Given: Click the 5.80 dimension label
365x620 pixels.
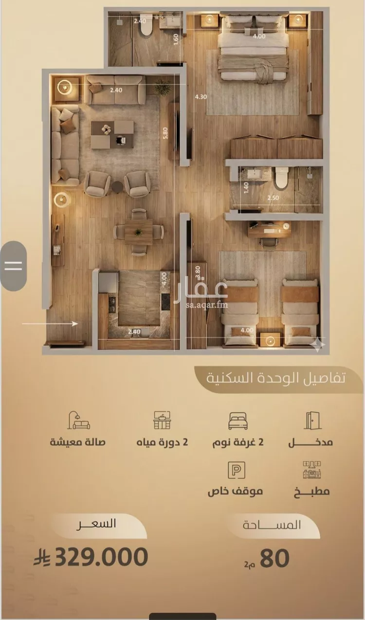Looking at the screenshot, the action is tap(165, 133).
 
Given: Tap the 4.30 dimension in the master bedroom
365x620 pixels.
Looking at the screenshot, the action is tap(201, 97).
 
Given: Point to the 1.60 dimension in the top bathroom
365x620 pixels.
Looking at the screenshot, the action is tap(176, 39).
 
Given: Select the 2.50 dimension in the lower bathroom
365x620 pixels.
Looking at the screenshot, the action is tap(273, 198).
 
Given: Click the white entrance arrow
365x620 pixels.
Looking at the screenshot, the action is tap(50, 324).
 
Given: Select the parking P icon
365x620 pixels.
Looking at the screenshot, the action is tap(237, 470).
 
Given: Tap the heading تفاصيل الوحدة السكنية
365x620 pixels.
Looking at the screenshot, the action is tap(276, 378).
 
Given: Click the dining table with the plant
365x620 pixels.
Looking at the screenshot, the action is tap(138, 232).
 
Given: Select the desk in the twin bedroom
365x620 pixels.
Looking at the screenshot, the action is tap(269, 229).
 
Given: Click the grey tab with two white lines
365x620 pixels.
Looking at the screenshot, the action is tap(13, 266).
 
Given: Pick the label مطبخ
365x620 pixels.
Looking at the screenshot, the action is tap(311, 492).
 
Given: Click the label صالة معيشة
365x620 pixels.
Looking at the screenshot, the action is tap(77, 442).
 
